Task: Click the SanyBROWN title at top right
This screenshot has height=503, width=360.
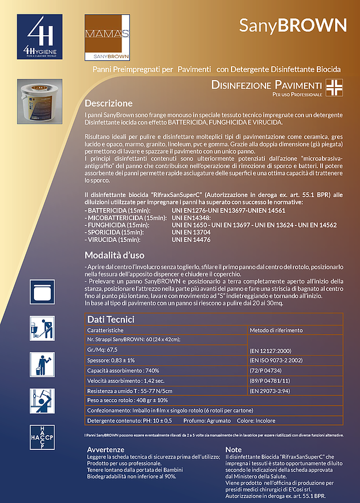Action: point(293,25)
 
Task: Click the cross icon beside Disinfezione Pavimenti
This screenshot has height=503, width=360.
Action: point(333,88)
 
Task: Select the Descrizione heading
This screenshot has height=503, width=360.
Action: point(109,104)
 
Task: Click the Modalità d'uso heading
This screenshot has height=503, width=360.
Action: point(115,255)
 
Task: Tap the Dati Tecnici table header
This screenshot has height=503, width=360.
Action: point(111,319)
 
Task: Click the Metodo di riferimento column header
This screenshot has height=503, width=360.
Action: point(276,330)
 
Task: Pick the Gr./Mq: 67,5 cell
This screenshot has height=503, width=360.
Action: point(103,349)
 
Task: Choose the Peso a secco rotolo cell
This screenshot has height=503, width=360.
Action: point(127,400)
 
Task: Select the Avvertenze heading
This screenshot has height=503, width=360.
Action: point(105,449)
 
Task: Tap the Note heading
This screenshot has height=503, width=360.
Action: point(234,449)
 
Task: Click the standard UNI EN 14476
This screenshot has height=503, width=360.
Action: point(191,239)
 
